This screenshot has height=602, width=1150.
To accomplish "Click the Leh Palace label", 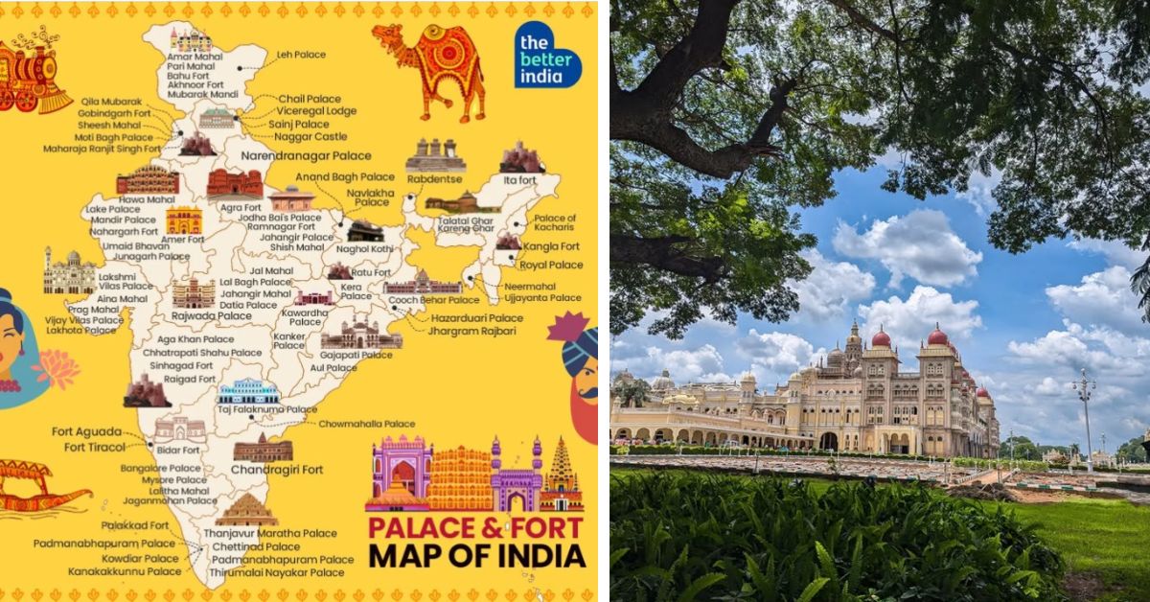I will point(302,55).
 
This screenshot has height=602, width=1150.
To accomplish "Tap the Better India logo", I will point(546,55).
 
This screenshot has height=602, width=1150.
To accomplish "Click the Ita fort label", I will point(520,179).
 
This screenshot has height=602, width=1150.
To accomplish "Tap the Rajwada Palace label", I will point(210,315).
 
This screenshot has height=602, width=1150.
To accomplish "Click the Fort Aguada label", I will point(88,432).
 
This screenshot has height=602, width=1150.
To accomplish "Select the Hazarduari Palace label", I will point(476,317).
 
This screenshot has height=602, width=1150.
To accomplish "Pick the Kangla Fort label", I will point(550,246).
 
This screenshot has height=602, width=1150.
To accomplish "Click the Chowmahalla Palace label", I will point(367,423).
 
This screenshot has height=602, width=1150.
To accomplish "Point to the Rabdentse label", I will point(435,177).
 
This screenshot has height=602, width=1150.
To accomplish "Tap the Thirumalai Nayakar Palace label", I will point(278,572).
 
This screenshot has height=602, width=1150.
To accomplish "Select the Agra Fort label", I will point(240,206).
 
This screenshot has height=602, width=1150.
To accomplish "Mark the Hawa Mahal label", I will point(148,199).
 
